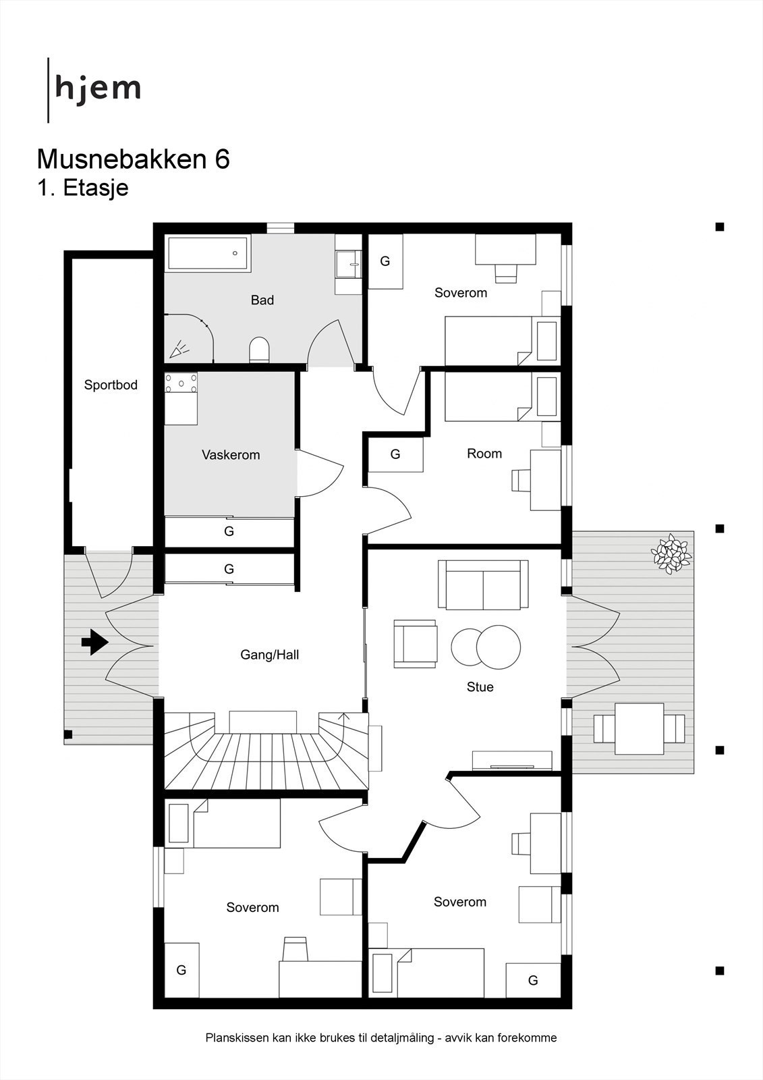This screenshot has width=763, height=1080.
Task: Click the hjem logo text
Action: [98, 89]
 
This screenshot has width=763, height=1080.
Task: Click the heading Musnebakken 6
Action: [133, 159]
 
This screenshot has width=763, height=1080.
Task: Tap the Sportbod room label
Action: [111, 385]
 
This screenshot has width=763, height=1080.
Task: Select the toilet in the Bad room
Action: [259, 350]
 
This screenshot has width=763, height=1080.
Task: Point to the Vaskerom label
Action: [231, 455]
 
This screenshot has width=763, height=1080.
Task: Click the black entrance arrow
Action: [94, 642]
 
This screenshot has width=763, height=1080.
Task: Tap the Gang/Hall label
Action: [269, 655]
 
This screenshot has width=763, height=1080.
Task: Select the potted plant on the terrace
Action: [671, 553]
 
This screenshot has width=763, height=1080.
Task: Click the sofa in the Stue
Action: [483, 585]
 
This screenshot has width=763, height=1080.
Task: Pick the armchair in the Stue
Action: [415, 644]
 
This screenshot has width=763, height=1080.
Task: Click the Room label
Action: [484, 454]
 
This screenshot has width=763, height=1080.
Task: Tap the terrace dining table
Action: [639, 729]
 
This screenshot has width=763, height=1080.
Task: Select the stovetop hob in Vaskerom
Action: [181, 383]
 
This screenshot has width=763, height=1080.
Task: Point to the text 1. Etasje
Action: [82, 188]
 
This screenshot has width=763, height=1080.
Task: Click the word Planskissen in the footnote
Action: [236, 1038]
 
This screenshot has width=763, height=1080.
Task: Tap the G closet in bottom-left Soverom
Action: [181, 970]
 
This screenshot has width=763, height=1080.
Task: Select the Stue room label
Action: [480, 687]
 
